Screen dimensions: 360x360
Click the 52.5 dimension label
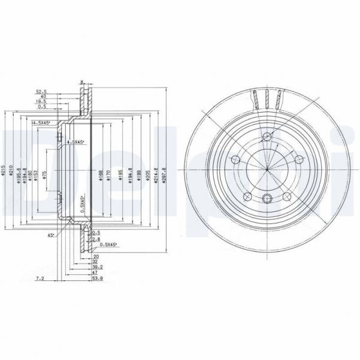41,92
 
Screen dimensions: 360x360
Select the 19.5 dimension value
41,102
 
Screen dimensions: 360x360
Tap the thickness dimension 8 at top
81,82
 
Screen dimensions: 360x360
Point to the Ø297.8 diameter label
164,173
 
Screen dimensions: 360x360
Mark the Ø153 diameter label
36,174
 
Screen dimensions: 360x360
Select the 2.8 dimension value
96,238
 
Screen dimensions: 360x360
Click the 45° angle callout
51,235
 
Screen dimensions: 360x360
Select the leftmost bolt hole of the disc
235,159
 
